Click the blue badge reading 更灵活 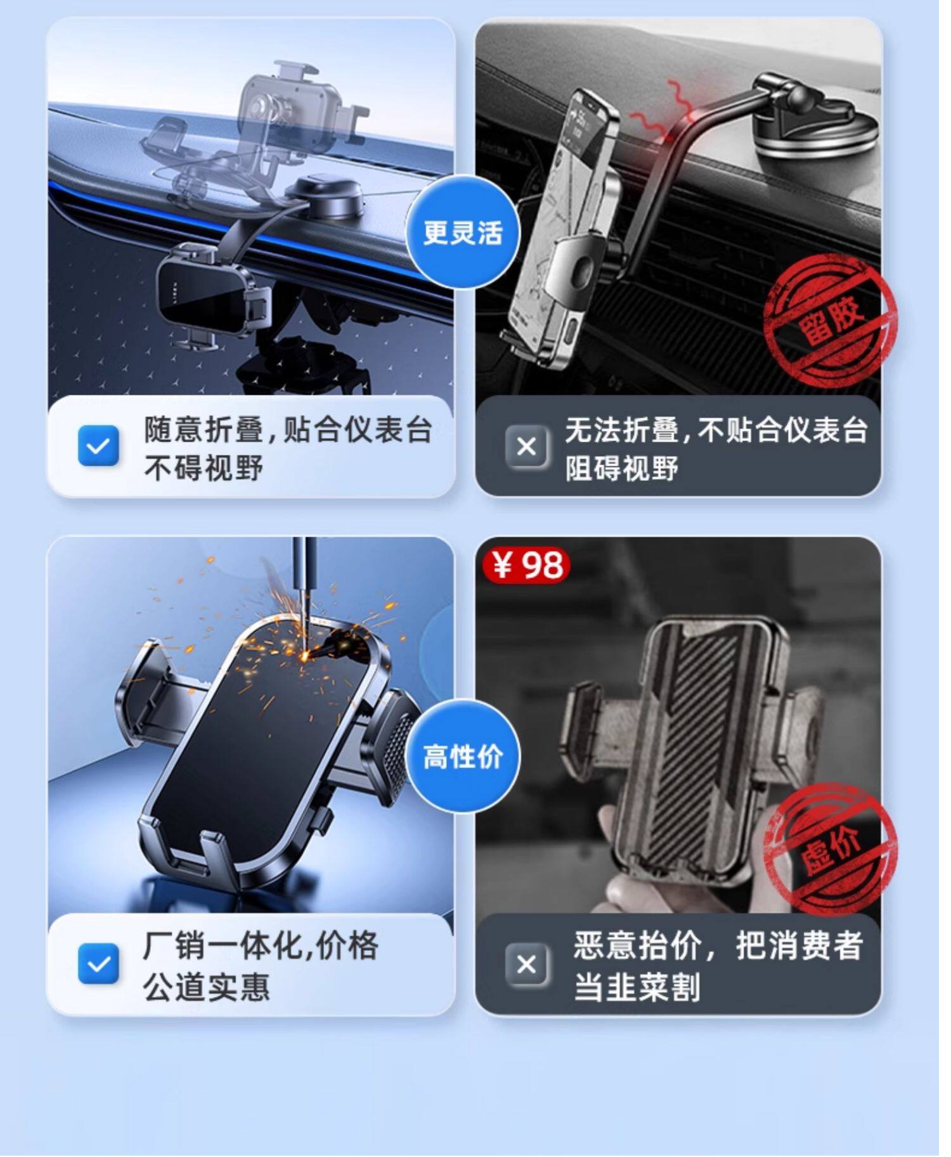[x=463, y=232]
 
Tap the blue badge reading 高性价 [x=463, y=756]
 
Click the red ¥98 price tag [x=527, y=564]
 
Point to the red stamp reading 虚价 [x=831, y=848]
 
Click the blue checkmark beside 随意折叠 [x=98, y=446]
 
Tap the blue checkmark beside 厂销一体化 [x=98, y=964]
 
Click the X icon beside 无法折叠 [x=526, y=447]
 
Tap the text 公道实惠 [x=206, y=987]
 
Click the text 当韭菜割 [x=637, y=987]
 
